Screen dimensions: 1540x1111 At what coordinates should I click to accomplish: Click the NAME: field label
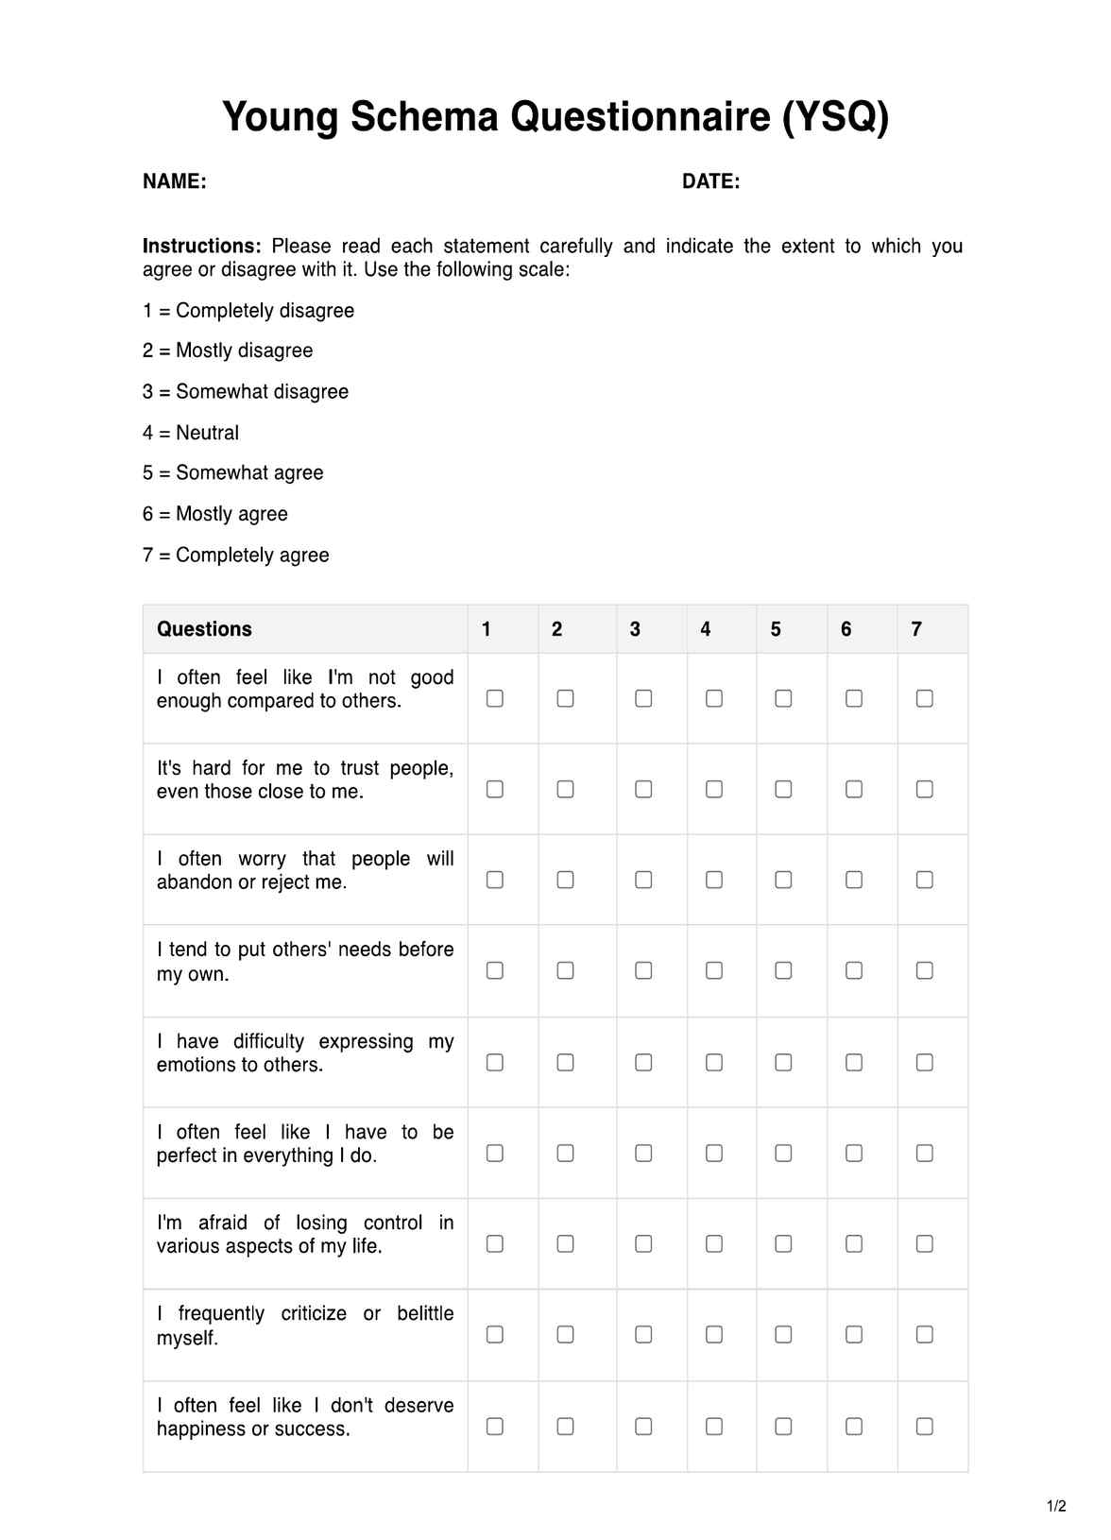tap(175, 181)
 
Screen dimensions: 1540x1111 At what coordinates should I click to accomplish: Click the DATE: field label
tap(710, 181)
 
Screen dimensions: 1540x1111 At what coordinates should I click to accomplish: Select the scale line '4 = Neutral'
tap(191, 433)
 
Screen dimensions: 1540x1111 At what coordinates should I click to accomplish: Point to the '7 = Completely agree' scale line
tap(236, 556)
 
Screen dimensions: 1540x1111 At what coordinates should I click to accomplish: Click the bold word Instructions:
tap(201, 247)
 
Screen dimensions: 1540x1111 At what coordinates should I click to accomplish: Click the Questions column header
tap(204, 629)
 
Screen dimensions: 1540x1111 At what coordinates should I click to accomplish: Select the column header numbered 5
tap(776, 629)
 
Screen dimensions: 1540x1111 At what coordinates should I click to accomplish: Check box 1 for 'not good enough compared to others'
tap(495, 698)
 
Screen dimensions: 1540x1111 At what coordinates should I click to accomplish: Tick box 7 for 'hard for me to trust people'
tap(925, 789)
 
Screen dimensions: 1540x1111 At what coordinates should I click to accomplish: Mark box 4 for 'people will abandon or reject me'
tap(714, 880)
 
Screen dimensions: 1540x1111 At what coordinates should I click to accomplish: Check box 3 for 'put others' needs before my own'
tap(643, 970)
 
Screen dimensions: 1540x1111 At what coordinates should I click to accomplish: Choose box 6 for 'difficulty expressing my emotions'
tap(854, 1063)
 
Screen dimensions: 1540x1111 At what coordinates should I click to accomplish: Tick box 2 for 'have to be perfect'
tap(565, 1154)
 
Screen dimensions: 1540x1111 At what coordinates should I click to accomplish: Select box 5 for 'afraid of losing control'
tap(783, 1244)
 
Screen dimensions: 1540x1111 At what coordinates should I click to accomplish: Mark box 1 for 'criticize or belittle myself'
tap(495, 1334)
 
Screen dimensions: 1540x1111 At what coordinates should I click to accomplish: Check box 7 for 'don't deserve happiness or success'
tap(925, 1427)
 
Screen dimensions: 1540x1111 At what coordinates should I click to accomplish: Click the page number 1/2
tap(1056, 1506)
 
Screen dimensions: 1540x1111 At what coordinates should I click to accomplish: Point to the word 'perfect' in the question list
tap(188, 1155)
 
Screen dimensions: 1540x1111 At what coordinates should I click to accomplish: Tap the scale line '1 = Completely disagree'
tap(248, 311)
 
